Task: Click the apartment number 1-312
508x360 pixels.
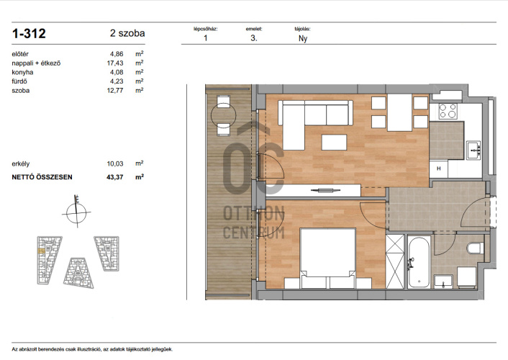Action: (29, 33)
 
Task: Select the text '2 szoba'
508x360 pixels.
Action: (127, 33)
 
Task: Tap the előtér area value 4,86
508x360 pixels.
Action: (117, 54)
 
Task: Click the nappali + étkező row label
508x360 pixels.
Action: (36, 63)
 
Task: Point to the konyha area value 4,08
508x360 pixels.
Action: (117, 72)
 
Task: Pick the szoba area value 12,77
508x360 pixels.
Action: (115, 91)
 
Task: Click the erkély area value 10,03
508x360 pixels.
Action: (115, 163)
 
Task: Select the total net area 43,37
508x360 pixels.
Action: (115, 177)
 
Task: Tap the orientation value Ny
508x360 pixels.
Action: (303, 38)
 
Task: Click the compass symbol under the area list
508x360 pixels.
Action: (76, 212)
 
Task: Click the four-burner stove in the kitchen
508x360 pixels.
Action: (448, 111)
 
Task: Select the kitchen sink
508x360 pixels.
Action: (473, 150)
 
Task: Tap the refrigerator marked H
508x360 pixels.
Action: (439, 168)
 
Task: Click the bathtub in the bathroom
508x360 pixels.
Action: (419, 261)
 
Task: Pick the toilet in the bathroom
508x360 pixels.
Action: (476, 248)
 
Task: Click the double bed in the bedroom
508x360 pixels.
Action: (328, 258)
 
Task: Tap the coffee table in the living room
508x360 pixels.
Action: (334, 143)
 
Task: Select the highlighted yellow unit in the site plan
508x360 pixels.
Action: (41, 251)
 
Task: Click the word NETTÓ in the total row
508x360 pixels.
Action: (24, 177)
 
